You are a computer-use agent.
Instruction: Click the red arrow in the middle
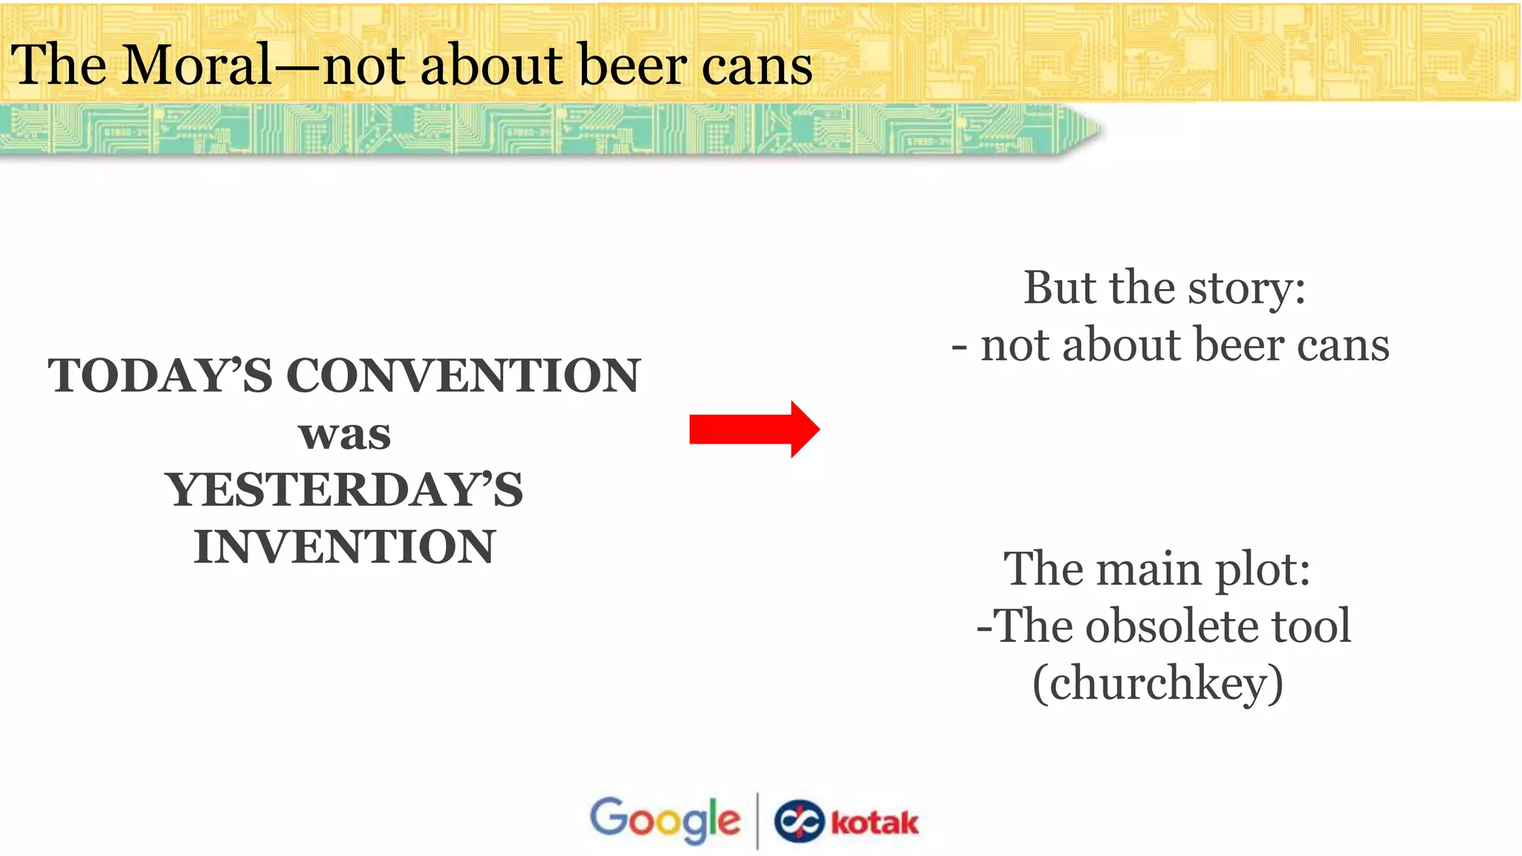coord(754,429)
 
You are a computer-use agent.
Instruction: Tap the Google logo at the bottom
coord(665,820)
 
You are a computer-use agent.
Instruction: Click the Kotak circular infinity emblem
coord(799,822)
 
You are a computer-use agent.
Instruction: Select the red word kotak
coord(875,823)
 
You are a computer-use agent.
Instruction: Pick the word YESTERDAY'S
coord(344,490)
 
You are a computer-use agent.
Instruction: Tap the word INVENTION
coord(344,548)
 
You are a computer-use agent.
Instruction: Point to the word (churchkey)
coord(1158,683)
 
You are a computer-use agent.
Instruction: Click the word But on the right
coord(1061,288)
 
